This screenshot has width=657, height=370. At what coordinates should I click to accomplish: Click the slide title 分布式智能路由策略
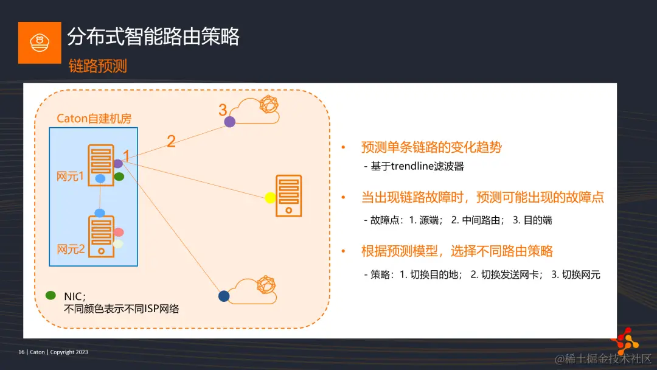(153, 37)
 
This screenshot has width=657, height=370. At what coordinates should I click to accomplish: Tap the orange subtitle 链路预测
(98, 66)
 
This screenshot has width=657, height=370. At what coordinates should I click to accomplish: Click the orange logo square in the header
(40, 43)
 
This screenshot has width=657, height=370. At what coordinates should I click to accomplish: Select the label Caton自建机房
(94, 119)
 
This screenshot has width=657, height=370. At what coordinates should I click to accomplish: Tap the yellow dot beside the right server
(271, 198)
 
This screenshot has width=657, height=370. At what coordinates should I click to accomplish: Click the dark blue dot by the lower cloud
(224, 296)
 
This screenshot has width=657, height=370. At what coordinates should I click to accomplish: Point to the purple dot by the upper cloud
(229, 122)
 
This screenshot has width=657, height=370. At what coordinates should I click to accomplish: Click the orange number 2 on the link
(171, 141)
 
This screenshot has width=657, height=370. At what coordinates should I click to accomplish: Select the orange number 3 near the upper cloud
(223, 110)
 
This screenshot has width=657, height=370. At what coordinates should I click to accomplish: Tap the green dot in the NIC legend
(51, 296)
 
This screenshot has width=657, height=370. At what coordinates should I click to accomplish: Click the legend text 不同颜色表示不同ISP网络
(122, 309)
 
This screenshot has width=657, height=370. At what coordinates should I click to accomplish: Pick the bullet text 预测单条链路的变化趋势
(431, 147)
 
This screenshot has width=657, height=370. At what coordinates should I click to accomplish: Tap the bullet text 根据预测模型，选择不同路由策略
(457, 251)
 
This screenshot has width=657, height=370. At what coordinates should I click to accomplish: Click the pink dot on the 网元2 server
(119, 232)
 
